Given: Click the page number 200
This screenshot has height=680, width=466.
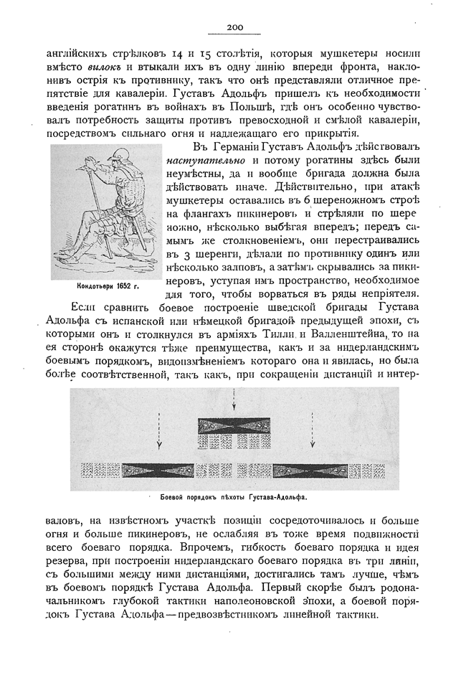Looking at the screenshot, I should coord(234,27).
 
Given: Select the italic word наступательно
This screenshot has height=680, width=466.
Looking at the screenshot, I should coord(200,161).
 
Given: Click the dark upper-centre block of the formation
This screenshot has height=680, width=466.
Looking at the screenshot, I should coord(234,425).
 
